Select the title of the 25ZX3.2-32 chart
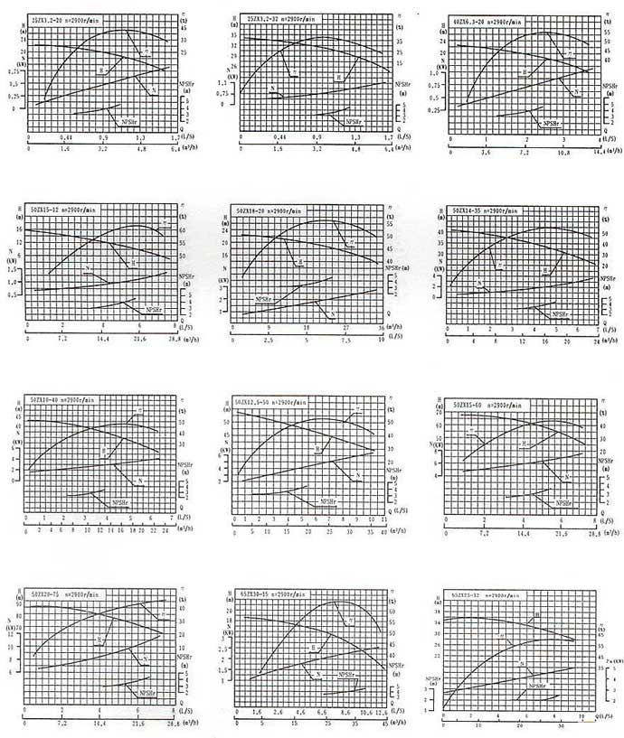click(x=281, y=17)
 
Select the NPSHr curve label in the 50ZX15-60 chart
click(x=563, y=503)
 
